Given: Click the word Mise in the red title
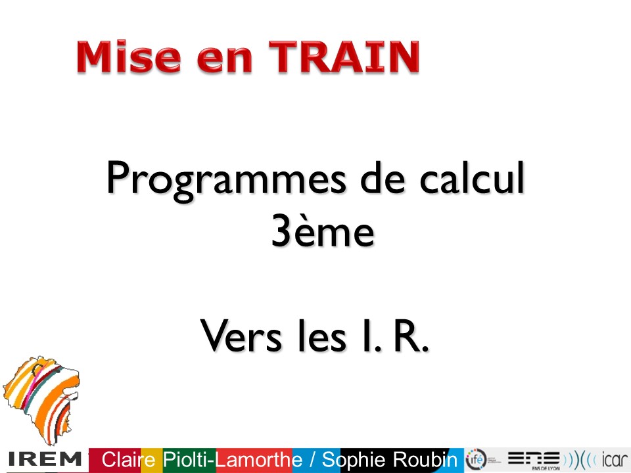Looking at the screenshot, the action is pyautogui.click(x=129, y=56).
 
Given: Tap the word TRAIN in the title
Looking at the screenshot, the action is pyautogui.click(x=344, y=56).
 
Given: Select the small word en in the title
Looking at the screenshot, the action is pyautogui.click(x=225, y=60).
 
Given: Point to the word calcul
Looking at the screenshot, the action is pyautogui.click(x=472, y=177).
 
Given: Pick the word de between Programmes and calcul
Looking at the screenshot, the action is pyautogui.click(x=383, y=177).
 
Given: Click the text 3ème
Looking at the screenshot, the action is pyautogui.click(x=323, y=230).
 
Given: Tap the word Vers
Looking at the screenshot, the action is pyautogui.click(x=241, y=336).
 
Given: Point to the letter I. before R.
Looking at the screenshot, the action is pyautogui.click(x=372, y=336).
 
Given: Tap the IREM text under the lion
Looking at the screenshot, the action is pyautogui.click(x=45, y=459).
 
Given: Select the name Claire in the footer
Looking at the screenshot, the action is pyautogui.click(x=128, y=459).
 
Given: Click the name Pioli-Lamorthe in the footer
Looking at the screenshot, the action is pyautogui.click(x=233, y=459).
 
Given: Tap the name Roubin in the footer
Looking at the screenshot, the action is pyautogui.click(x=425, y=459).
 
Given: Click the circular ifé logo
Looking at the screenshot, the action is pyautogui.click(x=476, y=459).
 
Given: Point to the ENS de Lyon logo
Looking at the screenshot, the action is pyautogui.click(x=534, y=460).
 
